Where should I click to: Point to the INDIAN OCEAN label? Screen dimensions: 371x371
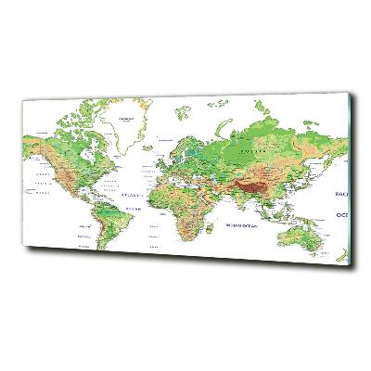[250, 223]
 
